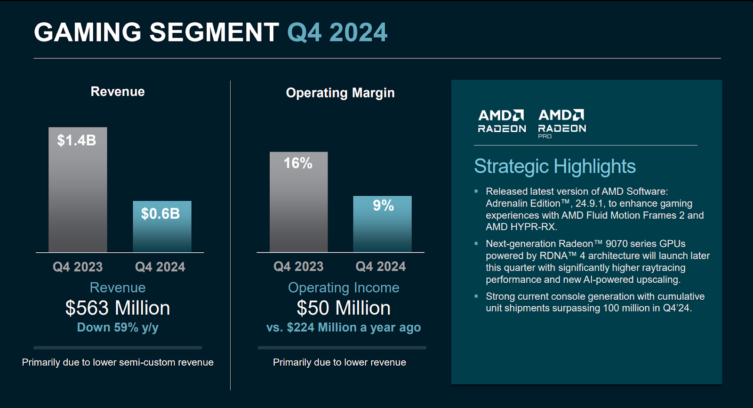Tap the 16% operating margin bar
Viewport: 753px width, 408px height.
[298, 202]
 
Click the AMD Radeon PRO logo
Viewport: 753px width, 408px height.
[562, 123]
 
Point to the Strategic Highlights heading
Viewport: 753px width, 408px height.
[554, 167]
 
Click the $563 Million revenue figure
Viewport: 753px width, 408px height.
[118, 308]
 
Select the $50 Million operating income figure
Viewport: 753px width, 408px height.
[344, 308]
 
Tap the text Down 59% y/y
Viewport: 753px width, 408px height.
[118, 328]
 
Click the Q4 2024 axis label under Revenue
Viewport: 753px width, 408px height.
[160, 267]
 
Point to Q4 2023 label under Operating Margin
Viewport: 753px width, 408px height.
[298, 267]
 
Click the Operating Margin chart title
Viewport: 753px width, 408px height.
[340, 93]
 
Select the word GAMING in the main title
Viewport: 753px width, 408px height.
[88, 32]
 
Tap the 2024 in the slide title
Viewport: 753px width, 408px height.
[358, 32]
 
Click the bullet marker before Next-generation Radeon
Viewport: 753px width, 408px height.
[476, 244]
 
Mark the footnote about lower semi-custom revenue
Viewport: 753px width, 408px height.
[118, 362]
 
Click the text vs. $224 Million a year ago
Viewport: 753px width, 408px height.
[344, 328]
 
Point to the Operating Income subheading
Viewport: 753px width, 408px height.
[344, 288]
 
